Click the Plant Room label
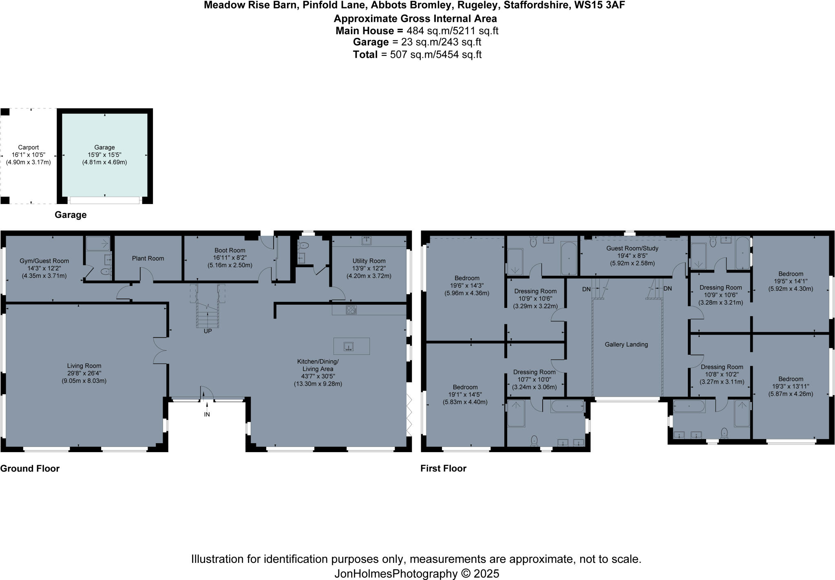[x=148, y=258]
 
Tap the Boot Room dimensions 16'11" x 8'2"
[x=230, y=257]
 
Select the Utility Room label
[x=369, y=261]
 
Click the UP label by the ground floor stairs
[x=208, y=331]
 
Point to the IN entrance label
[x=207, y=414]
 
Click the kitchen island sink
[x=348, y=347]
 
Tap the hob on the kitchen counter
[x=351, y=310]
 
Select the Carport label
[x=29, y=147]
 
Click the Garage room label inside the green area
[x=105, y=147]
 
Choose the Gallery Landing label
[x=626, y=345]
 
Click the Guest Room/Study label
[x=632, y=248]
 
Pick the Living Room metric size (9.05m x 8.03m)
[x=84, y=381]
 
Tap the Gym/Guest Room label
[x=44, y=261]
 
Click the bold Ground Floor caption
[x=30, y=468]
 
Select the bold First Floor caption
[x=444, y=468]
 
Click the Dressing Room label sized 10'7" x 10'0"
[x=535, y=372]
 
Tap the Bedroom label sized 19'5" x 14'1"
[x=791, y=274]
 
